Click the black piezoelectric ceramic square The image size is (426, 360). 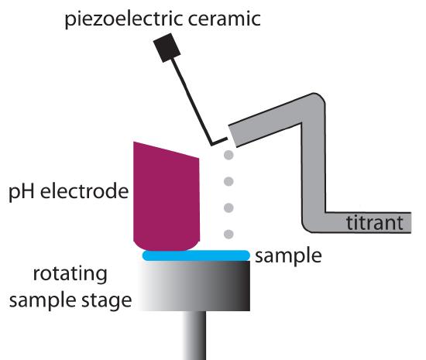(x=167, y=49)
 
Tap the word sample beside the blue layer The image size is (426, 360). (x=287, y=254)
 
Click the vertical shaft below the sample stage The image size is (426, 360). (x=194, y=338)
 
